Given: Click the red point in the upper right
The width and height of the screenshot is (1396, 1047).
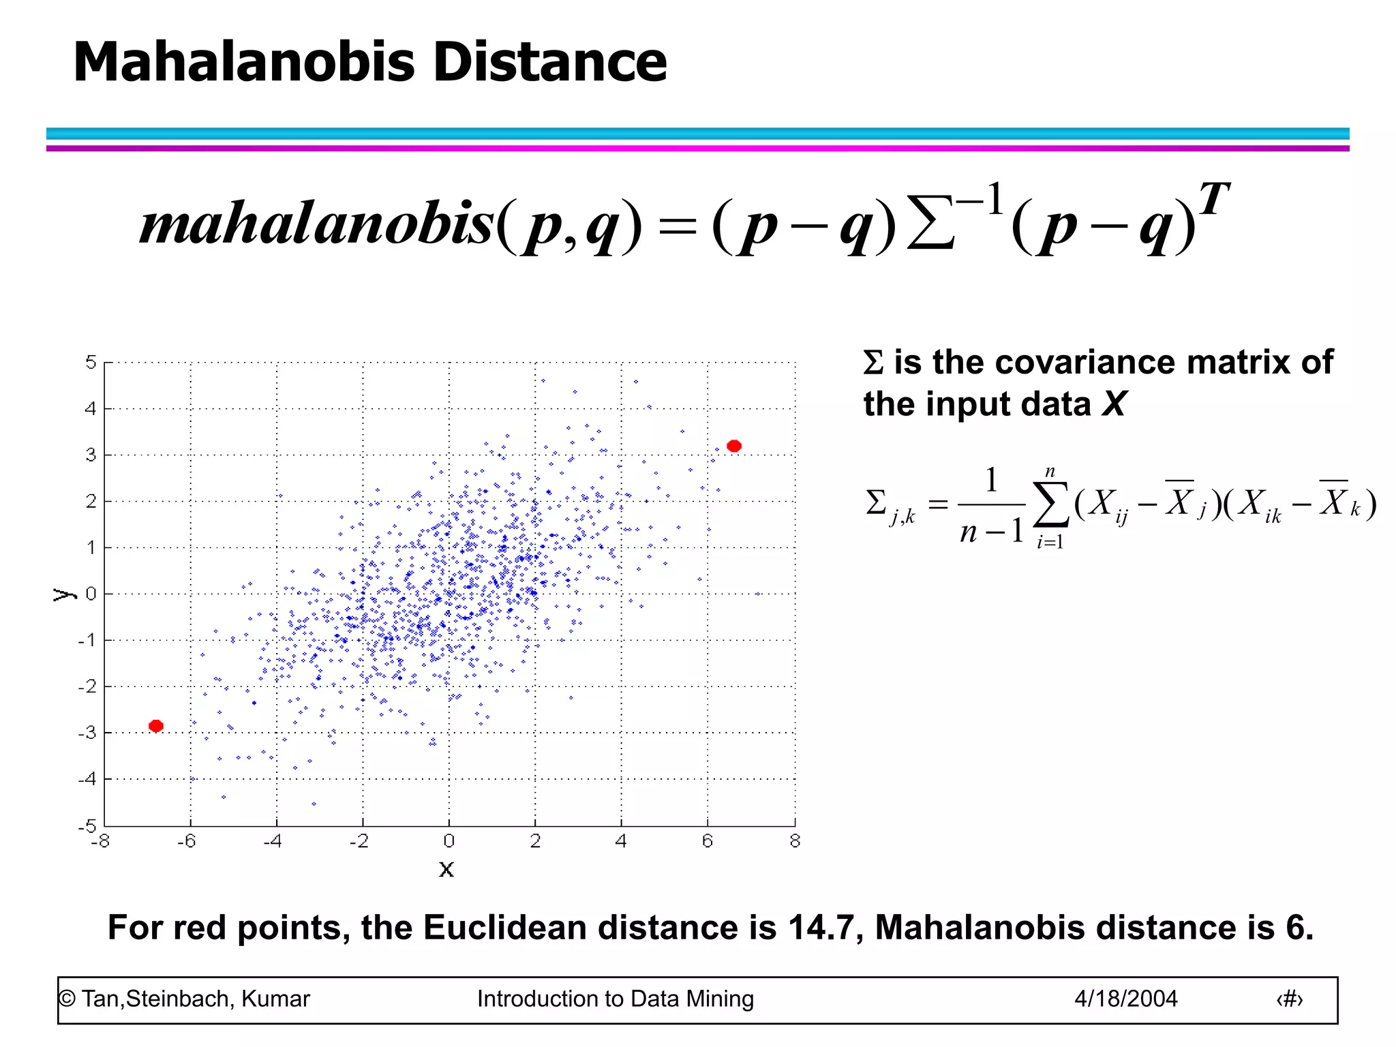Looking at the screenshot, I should point(733,446).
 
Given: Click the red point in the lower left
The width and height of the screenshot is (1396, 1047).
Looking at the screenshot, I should point(156,726).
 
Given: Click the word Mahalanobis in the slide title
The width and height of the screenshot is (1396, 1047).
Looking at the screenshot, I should point(243,62).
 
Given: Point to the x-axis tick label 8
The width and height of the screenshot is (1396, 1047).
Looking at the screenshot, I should point(795,841).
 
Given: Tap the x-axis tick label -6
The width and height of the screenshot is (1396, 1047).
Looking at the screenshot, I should point(187,841).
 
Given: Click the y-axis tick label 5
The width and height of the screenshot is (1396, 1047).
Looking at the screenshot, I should point(91,362).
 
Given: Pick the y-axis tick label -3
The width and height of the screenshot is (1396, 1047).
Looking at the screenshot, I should point(87,733).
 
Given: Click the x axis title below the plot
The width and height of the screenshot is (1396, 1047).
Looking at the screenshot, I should point(446,869).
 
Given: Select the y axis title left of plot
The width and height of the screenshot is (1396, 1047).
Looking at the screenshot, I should point(63,594).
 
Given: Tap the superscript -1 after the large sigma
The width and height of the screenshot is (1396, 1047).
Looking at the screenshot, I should point(980,200).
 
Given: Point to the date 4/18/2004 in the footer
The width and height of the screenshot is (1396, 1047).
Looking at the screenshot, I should point(1125,999).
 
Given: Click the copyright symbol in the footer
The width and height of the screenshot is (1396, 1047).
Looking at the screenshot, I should point(67,999).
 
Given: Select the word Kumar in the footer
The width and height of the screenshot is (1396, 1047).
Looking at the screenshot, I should point(275,999).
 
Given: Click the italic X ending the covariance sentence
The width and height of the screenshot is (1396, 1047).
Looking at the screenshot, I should point(1114,404).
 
